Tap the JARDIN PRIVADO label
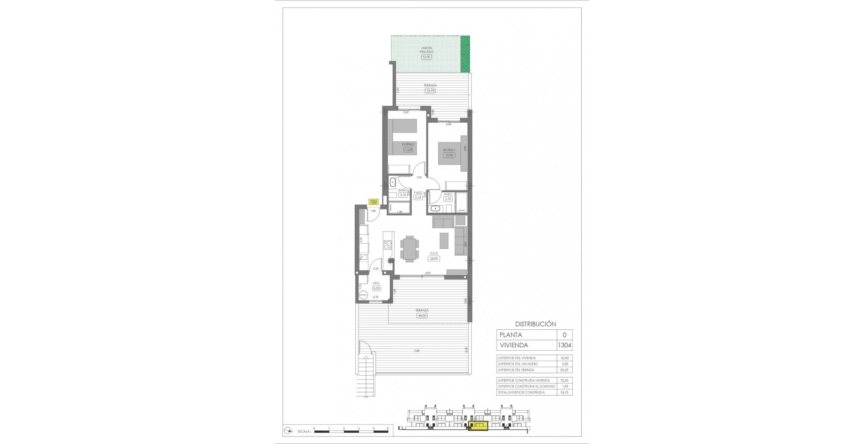(426, 50)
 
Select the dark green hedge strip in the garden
(465, 54)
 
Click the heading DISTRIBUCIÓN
(535, 324)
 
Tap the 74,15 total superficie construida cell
(564, 392)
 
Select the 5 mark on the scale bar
(388, 428)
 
